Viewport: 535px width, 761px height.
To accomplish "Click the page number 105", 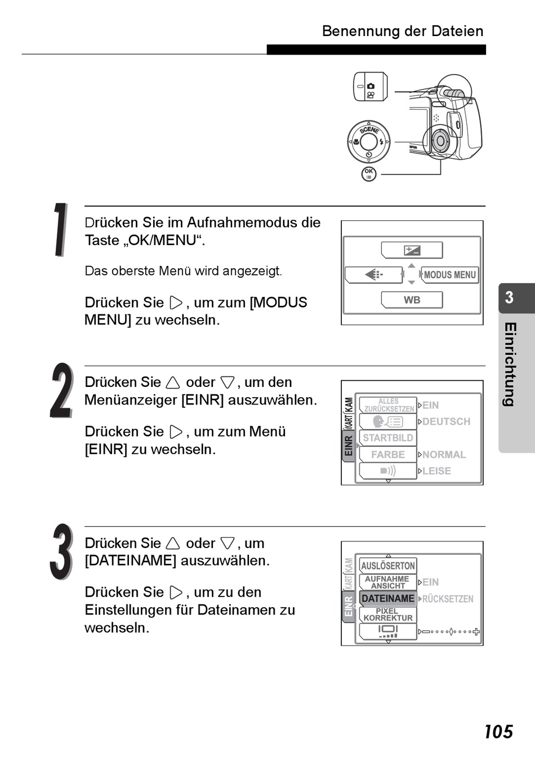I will [498, 732].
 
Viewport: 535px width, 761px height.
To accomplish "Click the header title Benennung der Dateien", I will [402, 31].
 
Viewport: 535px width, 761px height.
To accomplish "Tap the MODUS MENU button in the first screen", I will [449, 275].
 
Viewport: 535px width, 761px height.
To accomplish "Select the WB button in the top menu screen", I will [412, 300].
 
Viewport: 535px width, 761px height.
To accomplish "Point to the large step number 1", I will [60, 230].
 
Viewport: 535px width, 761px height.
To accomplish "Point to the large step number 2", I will [61, 391].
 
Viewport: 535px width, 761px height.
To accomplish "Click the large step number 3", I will [61, 552].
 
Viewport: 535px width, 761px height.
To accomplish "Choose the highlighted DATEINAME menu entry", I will [387, 598].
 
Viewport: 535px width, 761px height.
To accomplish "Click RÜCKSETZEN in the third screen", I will [448, 599].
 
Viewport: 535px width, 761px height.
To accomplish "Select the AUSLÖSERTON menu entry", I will [387, 566].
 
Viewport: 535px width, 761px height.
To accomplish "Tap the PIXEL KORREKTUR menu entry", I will [387, 615].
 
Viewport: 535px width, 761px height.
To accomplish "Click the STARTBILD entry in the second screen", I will [387, 438].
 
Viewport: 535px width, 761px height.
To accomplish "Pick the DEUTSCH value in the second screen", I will [446, 421].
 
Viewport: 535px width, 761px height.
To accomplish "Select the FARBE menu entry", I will [387, 454].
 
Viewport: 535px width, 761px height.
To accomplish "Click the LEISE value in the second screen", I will [436, 471].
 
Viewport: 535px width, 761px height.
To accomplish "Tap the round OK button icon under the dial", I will [368, 173].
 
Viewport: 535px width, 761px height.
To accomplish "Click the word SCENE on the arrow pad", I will [369, 130].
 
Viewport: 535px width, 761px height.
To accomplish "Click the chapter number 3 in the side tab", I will [509, 297].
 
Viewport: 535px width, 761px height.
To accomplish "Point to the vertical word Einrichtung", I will [510, 364].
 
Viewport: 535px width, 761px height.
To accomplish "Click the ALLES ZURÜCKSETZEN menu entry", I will [388, 405].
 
